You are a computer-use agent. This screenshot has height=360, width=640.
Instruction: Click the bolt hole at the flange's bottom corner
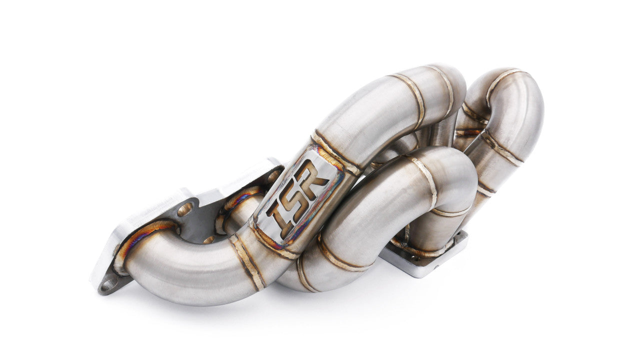[x=108, y=284]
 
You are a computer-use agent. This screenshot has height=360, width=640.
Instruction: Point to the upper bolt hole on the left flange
[x=184, y=209]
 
